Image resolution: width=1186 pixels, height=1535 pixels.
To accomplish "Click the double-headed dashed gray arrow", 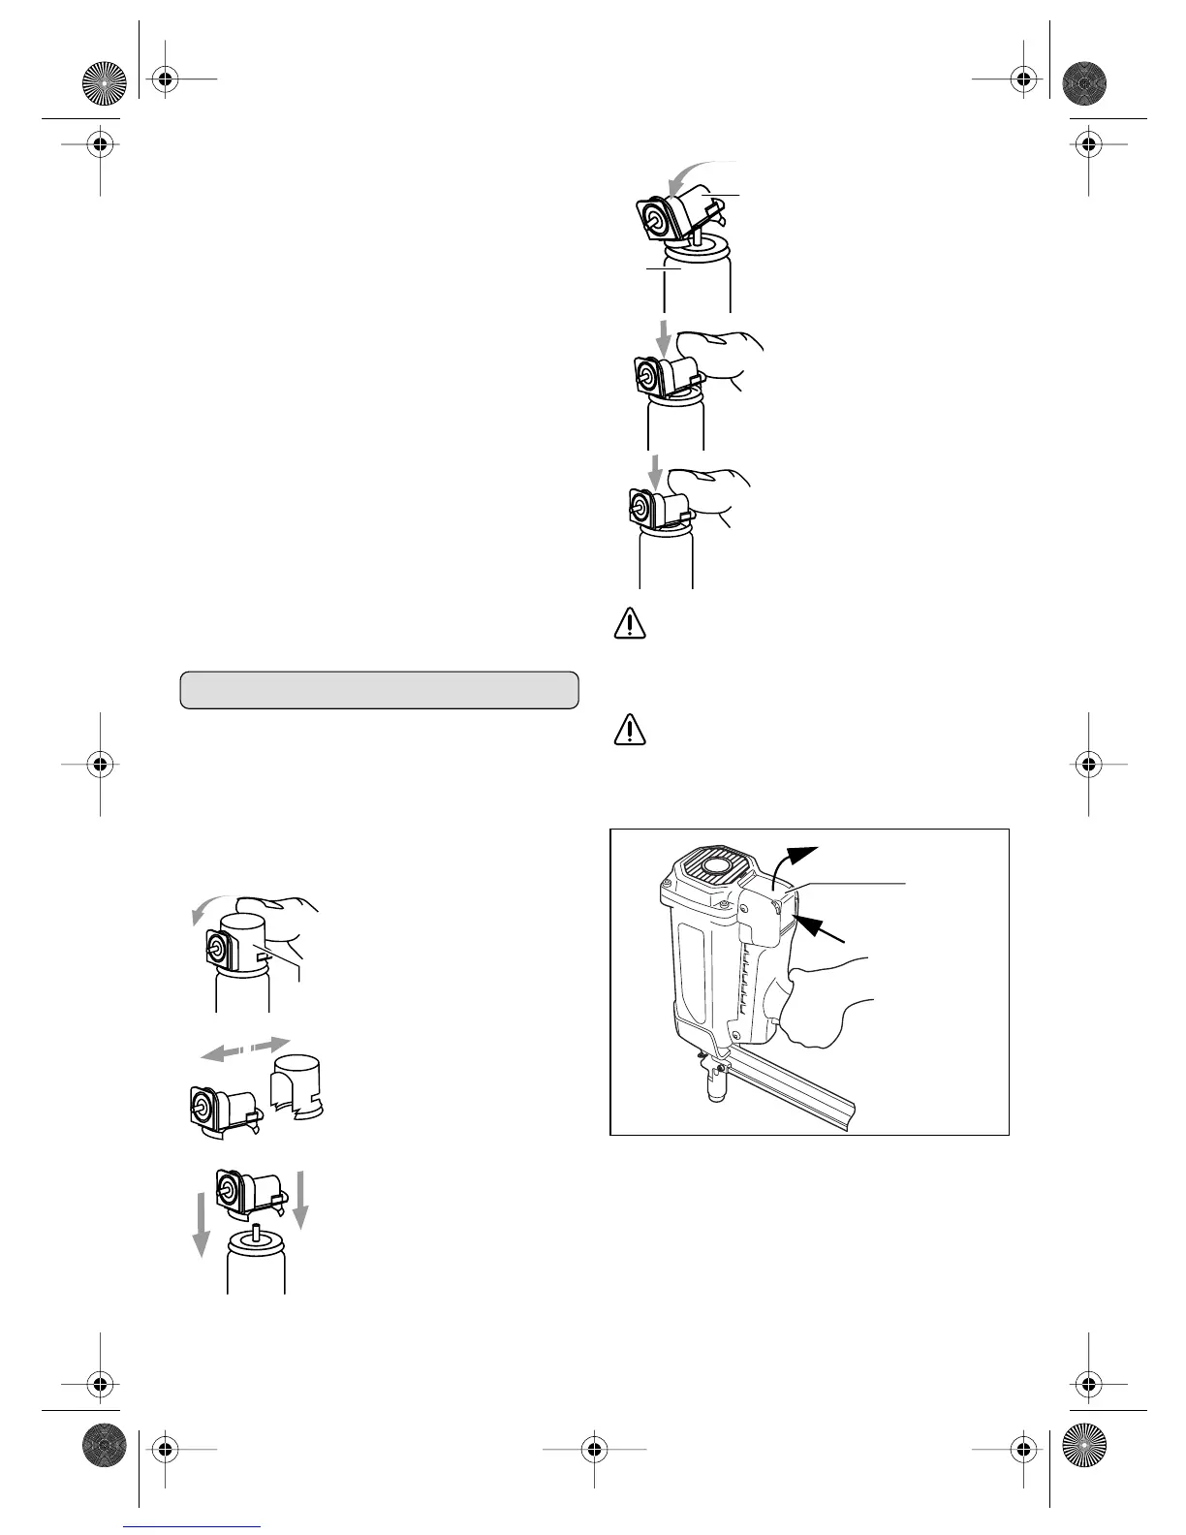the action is coord(243,1049).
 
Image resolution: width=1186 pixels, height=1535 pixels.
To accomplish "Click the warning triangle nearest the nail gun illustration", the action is coord(629,730).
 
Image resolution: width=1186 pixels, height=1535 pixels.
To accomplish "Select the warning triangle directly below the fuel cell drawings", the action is coord(629,623).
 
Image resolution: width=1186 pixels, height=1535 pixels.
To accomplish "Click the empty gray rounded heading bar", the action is coord(379,690).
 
